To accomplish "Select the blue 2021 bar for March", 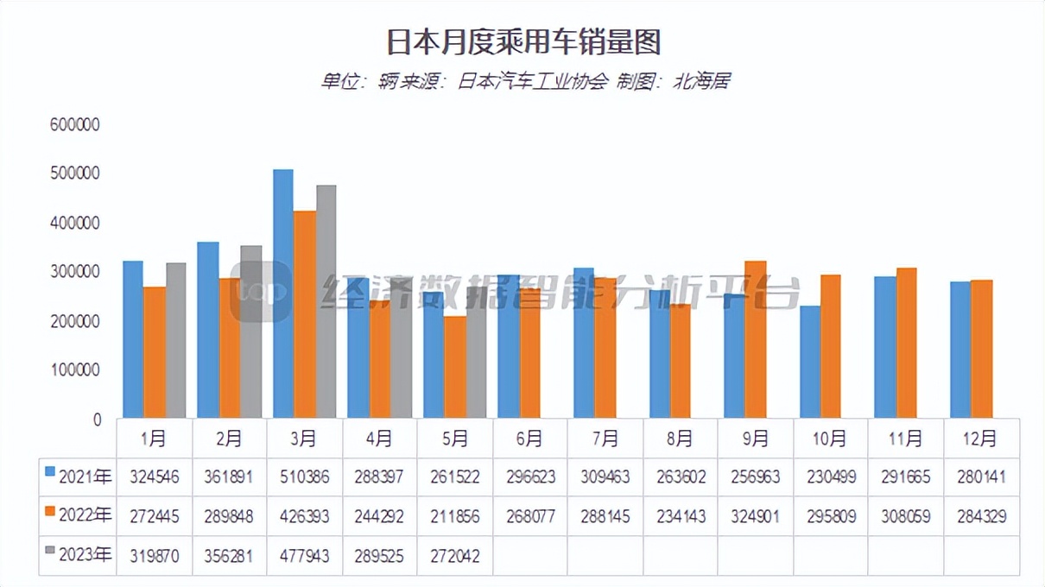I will [283, 293].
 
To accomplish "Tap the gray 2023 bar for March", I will [326, 302].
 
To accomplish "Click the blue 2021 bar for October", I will [809, 362].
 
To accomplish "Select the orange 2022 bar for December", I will [982, 349].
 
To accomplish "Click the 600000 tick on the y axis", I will [76, 125].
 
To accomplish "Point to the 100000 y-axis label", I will [76, 370].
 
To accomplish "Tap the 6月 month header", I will [530, 439].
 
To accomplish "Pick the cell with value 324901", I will [755, 516].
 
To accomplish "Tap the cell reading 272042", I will [454, 556].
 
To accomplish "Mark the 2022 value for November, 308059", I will [905, 516].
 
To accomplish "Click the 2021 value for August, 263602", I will [681, 477].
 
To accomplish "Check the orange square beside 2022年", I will [50, 515].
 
